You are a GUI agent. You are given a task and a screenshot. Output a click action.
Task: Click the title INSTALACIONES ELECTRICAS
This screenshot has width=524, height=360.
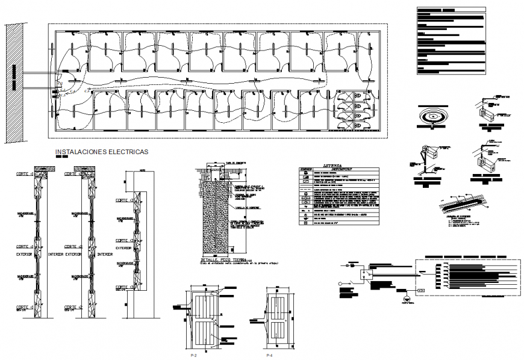[x=101, y=153]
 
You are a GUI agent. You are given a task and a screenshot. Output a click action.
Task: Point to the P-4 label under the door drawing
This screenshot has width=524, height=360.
[x=269, y=356]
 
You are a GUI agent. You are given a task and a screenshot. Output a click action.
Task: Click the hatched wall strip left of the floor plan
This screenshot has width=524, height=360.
[x=14, y=83]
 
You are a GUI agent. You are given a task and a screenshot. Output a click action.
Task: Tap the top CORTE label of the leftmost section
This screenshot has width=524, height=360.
[x=25, y=173]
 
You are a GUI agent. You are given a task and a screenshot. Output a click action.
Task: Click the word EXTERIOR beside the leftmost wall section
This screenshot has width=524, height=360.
[x=25, y=254]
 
